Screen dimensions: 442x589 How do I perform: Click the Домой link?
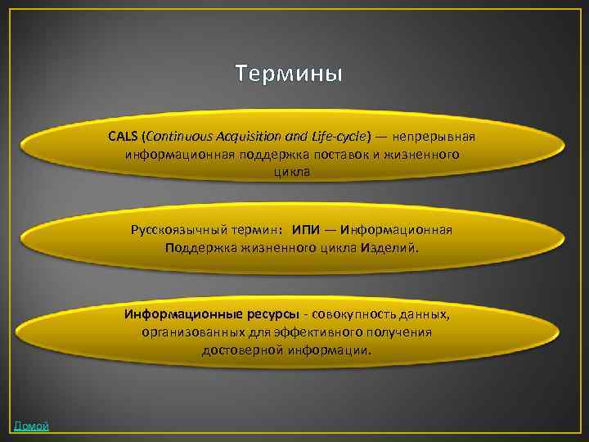tap(31, 426)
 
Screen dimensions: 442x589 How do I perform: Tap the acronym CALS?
tap(123, 136)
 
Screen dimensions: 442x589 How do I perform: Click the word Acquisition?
tap(244, 136)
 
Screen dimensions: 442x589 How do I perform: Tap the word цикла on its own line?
tap(292, 172)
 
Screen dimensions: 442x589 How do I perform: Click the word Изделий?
tap(386, 248)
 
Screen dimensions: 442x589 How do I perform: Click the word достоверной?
tap(241, 350)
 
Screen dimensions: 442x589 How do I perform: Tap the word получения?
tap(403, 332)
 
